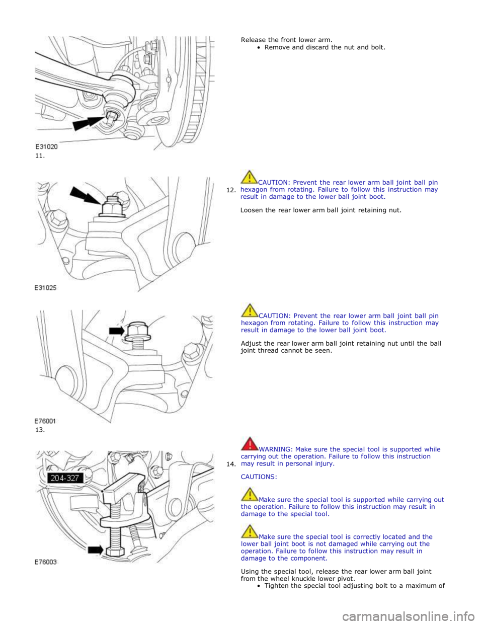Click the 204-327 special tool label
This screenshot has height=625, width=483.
coord(64,478)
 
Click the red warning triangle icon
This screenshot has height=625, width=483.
coord(250,444)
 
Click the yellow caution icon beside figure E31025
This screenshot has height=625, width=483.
coord(250,177)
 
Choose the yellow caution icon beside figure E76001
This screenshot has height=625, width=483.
coord(250,310)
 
